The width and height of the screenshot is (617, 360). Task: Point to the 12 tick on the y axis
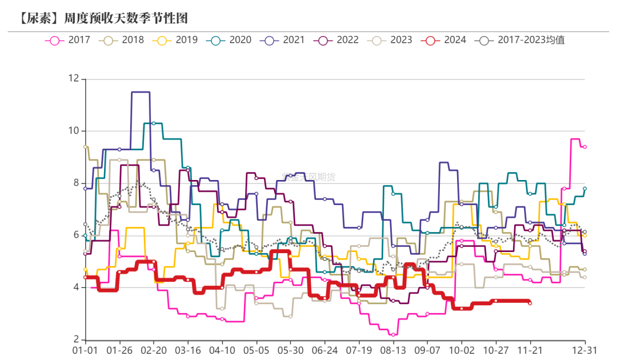pyautogui.click(x=73, y=79)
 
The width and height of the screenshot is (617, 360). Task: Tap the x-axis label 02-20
pyautogui.click(x=153, y=350)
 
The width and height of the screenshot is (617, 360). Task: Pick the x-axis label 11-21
pyautogui.click(x=530, y=350)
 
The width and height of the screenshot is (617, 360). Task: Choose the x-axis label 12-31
pyautogui.click(x=584, y=350)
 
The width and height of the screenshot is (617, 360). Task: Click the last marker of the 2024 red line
pyautogui.click(x=530, y=303)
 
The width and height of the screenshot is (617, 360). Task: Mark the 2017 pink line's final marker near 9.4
pyautogui.click(x=584, y=147)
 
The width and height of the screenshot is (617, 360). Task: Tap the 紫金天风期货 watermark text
pyautogui.click(x=308, y=177)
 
